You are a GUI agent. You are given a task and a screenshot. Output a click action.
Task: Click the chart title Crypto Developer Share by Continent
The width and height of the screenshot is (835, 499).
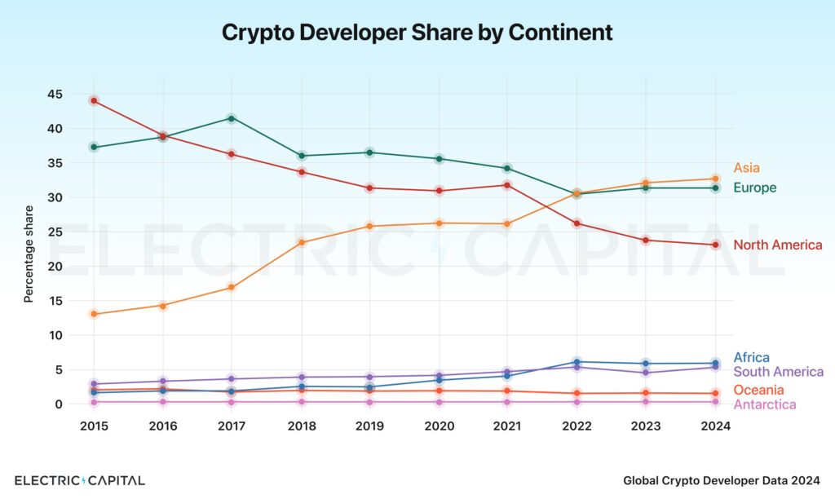pos(417,33)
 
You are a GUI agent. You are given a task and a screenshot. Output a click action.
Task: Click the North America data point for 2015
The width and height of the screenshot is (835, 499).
pos(94,100)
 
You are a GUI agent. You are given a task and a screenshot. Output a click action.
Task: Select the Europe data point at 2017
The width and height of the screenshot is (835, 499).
pos(232,118)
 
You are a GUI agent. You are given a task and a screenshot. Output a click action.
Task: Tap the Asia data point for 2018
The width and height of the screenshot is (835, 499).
pos(301,242)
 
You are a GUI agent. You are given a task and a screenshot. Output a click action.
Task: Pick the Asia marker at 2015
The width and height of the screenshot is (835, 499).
pos(94,314)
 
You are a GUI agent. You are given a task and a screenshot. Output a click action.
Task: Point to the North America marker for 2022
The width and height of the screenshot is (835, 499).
pos(577,223)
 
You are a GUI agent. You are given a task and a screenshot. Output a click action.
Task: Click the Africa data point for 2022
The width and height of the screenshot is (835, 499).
pos(577,362)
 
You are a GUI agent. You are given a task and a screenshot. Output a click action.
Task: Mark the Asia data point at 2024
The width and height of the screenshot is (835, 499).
pos(715,179)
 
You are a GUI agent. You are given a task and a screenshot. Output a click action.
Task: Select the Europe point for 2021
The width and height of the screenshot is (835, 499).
pos(507,168)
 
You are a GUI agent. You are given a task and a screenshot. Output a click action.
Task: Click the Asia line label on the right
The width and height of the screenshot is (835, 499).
pos(746,168)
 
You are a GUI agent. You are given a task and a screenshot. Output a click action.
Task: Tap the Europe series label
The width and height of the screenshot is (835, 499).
pos(754,188)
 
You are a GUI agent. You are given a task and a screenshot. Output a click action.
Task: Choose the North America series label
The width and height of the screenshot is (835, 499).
pos(777,245)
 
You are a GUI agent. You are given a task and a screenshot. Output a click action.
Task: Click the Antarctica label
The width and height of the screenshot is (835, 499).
pos(764,404)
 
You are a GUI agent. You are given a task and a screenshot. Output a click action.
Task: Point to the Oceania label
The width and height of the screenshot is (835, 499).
pos(758,390)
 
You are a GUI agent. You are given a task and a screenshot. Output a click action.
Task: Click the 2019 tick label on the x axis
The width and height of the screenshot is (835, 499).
pos(369,426)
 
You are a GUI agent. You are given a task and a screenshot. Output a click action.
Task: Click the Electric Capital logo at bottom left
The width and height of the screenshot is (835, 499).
pos(80,480)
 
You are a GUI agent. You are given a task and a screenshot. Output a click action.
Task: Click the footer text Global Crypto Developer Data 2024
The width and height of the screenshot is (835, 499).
pos(722,481)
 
